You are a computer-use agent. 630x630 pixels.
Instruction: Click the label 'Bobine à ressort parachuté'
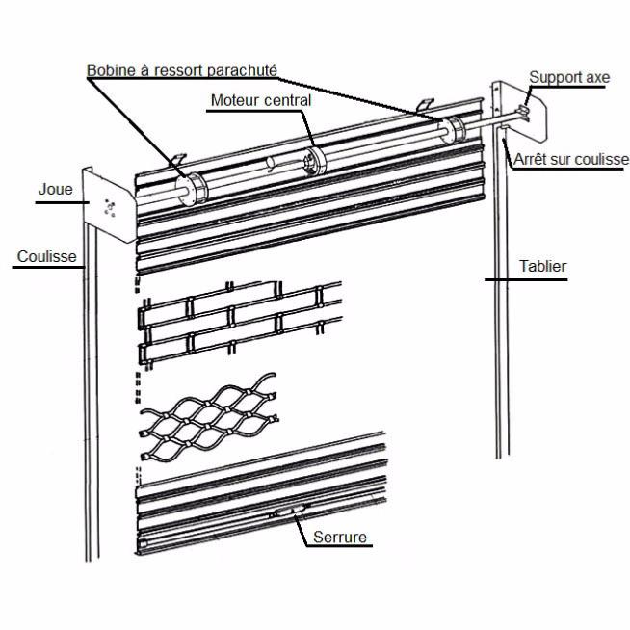(182, 70)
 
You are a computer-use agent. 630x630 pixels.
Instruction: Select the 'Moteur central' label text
(260, 100)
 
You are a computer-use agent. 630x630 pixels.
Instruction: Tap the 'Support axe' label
(568, 76)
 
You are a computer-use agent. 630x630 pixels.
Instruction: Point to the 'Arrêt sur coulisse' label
(572, 159)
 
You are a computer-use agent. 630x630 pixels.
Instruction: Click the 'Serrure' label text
(340, 537)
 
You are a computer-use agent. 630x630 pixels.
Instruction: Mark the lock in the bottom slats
(289, 512)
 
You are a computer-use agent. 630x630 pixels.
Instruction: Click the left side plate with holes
(108, 204)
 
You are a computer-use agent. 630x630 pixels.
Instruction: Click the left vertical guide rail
(89, 385)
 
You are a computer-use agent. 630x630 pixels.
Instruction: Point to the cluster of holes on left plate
(109, 205)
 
